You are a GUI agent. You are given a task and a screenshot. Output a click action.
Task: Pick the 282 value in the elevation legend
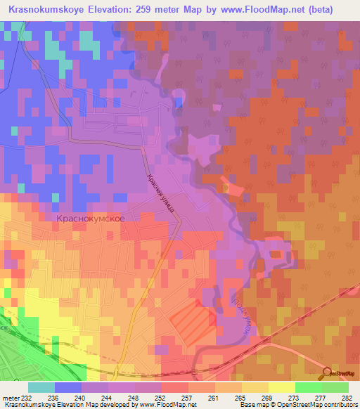tap(345, 397)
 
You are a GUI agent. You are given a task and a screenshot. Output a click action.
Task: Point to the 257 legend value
tap(186, 397)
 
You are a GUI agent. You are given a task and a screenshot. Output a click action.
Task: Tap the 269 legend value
tap(266, 397)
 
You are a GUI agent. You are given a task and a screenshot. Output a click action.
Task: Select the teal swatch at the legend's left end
tap(41, 387)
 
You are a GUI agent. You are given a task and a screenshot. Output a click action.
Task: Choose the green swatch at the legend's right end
tap(335, 387)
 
